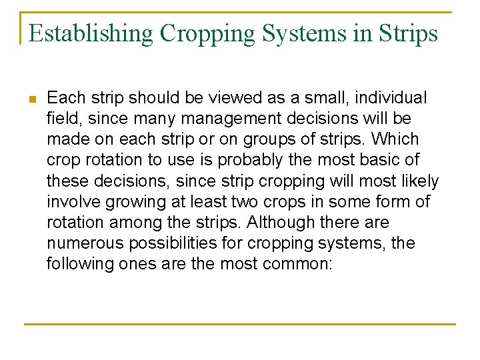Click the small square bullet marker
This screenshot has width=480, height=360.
32,99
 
